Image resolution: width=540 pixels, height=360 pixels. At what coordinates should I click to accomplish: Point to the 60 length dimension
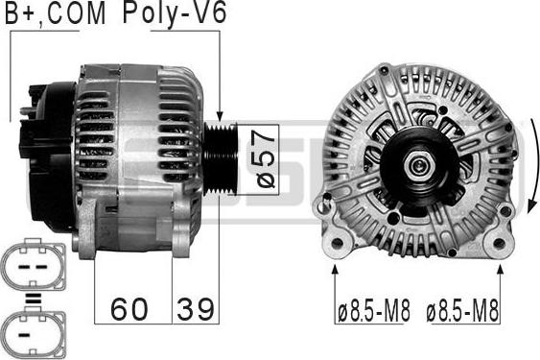pos(130,309)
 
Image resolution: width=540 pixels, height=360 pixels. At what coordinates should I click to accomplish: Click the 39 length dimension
pos(196,309)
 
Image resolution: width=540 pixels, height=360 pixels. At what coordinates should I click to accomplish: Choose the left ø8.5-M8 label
pos(372,312)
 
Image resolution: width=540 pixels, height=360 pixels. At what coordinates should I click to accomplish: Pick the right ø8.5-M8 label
pos(463,312)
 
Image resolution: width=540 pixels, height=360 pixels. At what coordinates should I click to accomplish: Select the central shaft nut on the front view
pos(418,166)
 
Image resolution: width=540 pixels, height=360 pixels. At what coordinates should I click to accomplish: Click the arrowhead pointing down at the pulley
pos(220,115)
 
